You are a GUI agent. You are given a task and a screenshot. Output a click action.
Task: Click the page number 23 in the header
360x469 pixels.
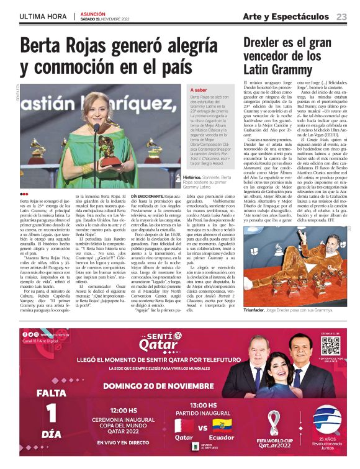(342, 16)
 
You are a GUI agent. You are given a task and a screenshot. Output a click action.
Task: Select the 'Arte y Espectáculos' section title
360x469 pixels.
(286, 16)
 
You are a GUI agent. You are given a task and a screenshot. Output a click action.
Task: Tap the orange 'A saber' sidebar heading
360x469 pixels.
(199, 91)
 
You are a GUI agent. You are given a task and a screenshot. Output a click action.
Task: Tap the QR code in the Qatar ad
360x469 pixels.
(331, 347)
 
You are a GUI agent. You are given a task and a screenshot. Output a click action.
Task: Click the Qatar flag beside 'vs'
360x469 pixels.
(184, 426)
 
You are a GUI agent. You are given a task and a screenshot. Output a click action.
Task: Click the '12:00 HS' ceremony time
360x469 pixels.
(124, 411)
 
